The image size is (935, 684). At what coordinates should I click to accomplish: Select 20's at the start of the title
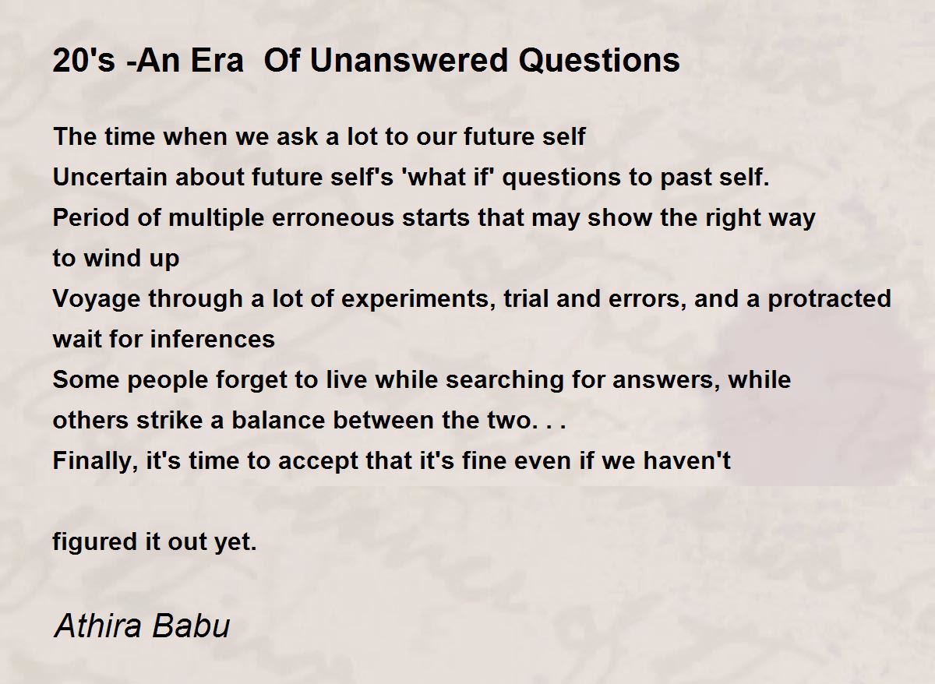tap(83, 60)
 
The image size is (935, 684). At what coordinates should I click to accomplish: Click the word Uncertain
tap(110, 177)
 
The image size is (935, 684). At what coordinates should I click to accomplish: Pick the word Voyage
tap(97, 300)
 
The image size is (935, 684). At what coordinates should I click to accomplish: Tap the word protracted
tap(829, 300)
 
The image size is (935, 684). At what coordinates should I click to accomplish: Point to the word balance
tap(278, 420)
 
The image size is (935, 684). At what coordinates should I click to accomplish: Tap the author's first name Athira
tap(98, 625)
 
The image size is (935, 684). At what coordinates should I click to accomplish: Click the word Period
tap(91, 217)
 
